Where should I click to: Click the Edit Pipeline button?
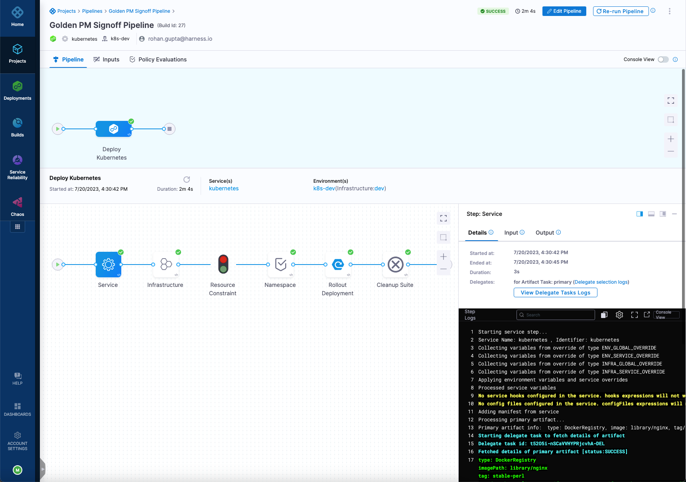(564, 11)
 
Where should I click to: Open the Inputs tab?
(106, 59)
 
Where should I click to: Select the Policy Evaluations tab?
(158, 59)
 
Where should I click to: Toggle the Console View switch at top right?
(663, 59)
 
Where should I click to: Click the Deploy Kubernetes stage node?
(114, 129)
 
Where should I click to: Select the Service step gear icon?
(108, 265)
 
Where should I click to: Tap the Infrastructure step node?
(166, 265)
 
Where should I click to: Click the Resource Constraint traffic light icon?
(223, 265)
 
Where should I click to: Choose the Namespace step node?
(281, 265)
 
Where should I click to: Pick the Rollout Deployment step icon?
(338, 265)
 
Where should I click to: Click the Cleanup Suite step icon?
(396, 265)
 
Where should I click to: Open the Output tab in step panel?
(545, 233)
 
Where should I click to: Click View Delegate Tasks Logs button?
(555, 292)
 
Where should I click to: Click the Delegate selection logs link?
(601, 282)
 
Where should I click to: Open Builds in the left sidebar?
(18, 127)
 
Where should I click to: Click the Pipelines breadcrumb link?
(92, 11)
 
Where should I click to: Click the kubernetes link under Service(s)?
(224, 188)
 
